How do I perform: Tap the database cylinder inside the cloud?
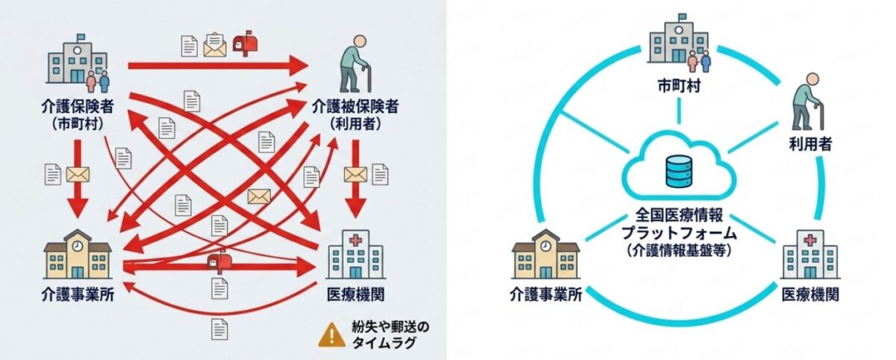pyautogui.click(x=679, y=172)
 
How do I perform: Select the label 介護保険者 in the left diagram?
pyautogui.click(x=78, y=106)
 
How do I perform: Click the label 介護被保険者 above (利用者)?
pyautogui.click(x=355, y=106)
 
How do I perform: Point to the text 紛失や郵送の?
pyautogui.click(x=391, y=327)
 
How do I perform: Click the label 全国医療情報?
pyautogui.click(x=679, y=215)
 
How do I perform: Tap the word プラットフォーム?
pyautogui.click(x=679, y=232)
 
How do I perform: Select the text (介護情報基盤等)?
pyautogui.click(x=679, y=250)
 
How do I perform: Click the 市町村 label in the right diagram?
pyautogui.click(x=679, y=86)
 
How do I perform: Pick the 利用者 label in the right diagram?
pyautogui.click(x=810, y=143)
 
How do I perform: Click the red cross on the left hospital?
pyautogui.click(x=355, y=240)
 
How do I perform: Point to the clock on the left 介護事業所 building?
pyautogui.click(x=77, y=246)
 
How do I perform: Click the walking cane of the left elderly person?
pyautogui.click(x=367, y=77)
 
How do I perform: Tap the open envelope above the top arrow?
pyautogui.click(x=215, y=45)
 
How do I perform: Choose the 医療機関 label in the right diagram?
pyautogui.click(x=810, y=295)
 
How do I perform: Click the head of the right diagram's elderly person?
pyautogui.click(x=812, y=80)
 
